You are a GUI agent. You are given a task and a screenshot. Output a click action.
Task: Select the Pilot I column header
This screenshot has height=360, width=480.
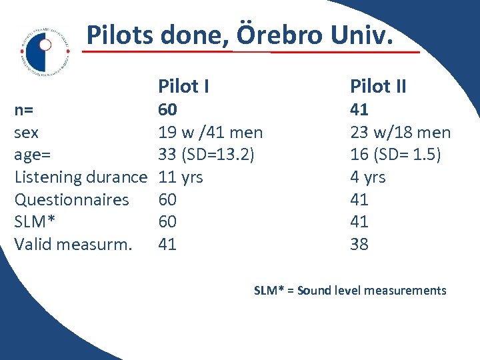pos(183,86)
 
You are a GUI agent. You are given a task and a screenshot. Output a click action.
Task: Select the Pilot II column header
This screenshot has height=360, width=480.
pos(378,86)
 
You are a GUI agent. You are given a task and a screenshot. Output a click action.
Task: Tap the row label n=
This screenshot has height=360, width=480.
pos(25,110)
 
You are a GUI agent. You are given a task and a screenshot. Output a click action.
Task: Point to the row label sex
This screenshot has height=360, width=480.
pos(26,133)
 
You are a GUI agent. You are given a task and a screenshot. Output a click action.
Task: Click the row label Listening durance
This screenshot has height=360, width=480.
pos(80,177)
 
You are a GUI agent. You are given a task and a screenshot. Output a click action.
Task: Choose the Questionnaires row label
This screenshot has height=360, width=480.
pos(71,199)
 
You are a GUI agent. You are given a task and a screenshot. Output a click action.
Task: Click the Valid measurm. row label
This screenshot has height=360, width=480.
pos(73,244)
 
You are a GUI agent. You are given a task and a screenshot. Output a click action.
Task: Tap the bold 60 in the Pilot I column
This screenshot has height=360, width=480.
pos(167,109)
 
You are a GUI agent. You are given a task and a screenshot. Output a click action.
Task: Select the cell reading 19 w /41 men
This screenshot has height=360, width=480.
pos(210,133)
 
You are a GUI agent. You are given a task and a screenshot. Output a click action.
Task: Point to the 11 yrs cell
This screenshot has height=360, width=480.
pos(180,177)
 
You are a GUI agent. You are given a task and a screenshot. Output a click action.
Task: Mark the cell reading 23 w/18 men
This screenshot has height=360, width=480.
pos(400,133)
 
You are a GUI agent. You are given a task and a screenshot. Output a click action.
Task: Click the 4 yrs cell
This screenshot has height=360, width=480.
pos(368,177)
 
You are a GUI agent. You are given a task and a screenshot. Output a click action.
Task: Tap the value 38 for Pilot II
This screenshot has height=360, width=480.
pos(359,244)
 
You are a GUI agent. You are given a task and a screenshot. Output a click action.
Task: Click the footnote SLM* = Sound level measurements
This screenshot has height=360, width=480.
pos(350,290)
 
